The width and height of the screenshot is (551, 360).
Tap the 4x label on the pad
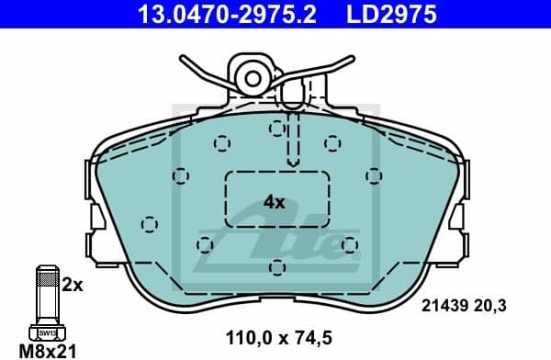pos(275,201)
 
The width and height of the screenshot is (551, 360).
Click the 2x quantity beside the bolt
pos(72,285)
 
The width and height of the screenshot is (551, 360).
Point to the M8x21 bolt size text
pos(43,351)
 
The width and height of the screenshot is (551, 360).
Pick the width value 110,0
pos(247,336)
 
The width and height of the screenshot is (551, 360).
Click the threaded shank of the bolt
pos(44,294)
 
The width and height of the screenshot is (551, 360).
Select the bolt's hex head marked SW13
pos(44,331)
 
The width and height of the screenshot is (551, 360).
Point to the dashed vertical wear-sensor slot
pos(293,129)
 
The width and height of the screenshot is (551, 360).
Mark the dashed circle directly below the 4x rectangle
pos(276,266)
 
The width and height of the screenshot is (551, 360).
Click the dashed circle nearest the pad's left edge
pos(150,223)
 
